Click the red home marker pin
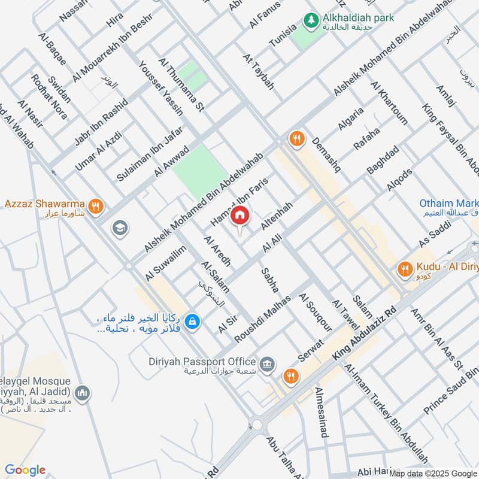[239, 215]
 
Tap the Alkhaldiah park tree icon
[310, 20]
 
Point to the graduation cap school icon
[120, 228]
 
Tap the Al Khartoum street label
[389, 103]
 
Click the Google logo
[25, 470]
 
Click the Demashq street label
[326, 154]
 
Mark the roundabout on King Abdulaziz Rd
[258, 424]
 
